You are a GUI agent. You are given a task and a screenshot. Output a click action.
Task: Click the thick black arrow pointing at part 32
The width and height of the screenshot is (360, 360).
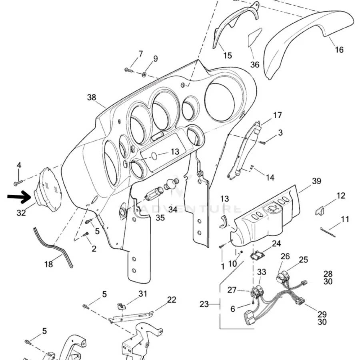pos(19,197)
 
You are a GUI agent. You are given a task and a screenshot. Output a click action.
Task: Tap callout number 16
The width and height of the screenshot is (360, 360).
pos(339,50)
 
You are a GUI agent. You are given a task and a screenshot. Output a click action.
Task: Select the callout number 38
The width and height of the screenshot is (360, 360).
pos(92,97)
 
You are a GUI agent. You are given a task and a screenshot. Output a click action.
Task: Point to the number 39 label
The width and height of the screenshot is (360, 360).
pos(316,181)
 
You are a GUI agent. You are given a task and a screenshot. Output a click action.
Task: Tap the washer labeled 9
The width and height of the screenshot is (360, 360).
pos(144,74)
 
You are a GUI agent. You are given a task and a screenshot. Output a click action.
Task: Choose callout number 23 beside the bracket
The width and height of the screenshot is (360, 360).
pos(204,304)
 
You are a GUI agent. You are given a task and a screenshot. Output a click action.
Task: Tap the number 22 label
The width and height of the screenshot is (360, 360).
pos(171,300)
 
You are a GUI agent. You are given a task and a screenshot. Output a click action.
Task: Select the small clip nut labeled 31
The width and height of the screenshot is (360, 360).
pos(120,306)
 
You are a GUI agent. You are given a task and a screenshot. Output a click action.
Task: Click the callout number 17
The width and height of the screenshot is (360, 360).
pos(277,116)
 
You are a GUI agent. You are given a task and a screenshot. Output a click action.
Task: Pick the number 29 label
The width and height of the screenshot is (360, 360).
pos(322,314)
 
